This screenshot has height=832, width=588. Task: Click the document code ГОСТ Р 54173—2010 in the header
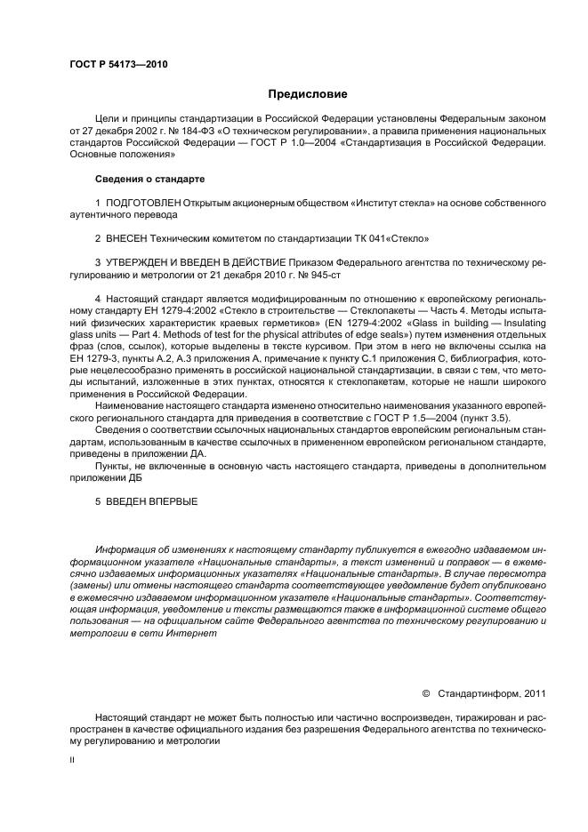pos(118,65)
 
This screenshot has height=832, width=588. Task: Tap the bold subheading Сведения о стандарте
pos(149,180)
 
